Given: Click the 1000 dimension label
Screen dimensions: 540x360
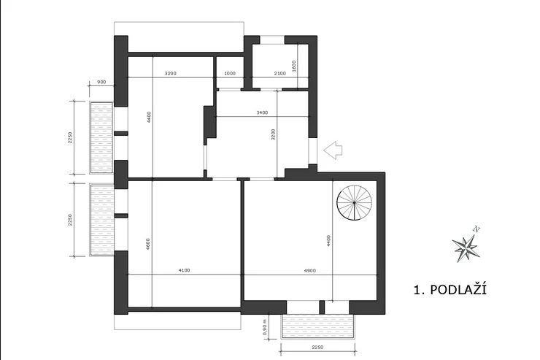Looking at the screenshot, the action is (230, 73).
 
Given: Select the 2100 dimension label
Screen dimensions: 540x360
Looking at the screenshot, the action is (279, 73).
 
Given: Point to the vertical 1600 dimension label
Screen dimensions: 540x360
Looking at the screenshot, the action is (294, 66).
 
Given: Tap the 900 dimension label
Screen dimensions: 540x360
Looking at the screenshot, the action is (101, 82).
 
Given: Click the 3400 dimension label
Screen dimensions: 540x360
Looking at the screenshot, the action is (262, 112).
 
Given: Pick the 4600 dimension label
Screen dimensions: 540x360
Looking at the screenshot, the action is (148, 244).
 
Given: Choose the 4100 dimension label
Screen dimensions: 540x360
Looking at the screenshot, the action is (184, 270).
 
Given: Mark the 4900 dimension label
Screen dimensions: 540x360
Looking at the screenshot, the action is (310, 271).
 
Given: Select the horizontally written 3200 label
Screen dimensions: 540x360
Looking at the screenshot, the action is (171, 73).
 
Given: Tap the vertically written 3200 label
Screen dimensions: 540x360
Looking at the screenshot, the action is (273, 134).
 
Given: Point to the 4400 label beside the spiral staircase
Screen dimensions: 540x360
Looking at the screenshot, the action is (328, 240).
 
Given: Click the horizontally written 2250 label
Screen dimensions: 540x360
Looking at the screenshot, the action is (317, 348).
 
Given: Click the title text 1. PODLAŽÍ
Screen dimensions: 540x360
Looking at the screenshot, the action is (450, 290).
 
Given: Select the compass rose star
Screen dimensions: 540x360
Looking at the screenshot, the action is (466, 248).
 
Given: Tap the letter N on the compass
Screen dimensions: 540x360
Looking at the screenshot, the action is (477, 229).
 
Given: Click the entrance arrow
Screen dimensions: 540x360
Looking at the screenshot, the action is (333, 150).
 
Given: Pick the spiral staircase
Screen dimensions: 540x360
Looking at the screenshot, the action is (355, 202).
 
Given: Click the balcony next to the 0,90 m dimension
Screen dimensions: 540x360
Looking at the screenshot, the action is (318, 326).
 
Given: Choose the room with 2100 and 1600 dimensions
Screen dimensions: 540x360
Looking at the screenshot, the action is (279, 66).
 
